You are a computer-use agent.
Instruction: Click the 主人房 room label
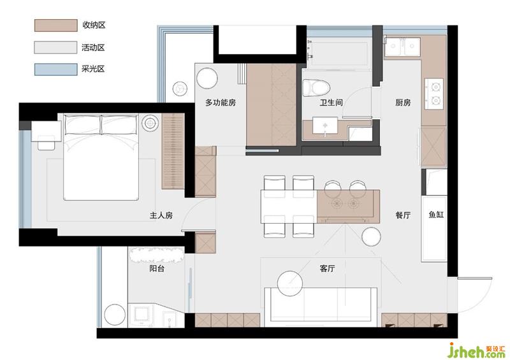pyautogui.click(x=161, y=215)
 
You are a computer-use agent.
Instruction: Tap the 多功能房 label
pyautogui.click(x=221, y=103)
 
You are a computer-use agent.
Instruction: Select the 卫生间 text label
pyautogui.click(x=331, y=103)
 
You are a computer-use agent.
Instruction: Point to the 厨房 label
pyautogui.click(x=403, y=103)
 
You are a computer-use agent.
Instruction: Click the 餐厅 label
pyautogui.click(x=403, y=215)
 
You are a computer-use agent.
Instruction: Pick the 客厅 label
pyautogui.click(x=327, y=269)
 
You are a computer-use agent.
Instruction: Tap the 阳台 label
pyautogui.click(x=157, y=269)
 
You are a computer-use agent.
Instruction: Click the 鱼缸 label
pyautogui.click(x=436, y=215)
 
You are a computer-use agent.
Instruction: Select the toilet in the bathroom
pyautogui.click(x=316, y=88)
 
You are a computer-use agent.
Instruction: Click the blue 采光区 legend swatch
pyautogui.click(x=56, y=69)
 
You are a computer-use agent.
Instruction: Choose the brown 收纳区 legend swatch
pyautogui.click(x=56, y=25)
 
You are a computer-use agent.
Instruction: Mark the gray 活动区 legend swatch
pyautogui.click(x=56, y=48)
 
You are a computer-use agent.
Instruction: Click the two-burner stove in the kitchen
pyautogui.click(x=433, y=94)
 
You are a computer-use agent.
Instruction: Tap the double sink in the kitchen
pyautogui.click(x=403, y=47)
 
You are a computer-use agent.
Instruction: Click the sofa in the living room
pyautogui.click(x=321, y=307)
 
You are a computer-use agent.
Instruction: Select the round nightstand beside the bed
pyautogui.click(x=150, y=124)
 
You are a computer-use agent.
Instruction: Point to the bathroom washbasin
pyautogui.click(x=325, y=126)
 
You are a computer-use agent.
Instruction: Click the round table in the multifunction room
pyautogui.click(x=207, y=78)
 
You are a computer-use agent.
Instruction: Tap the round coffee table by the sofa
pyautogui.click(x=290, y=284)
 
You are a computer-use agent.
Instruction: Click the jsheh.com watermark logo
pyautogui.click(x=476, y=350)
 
